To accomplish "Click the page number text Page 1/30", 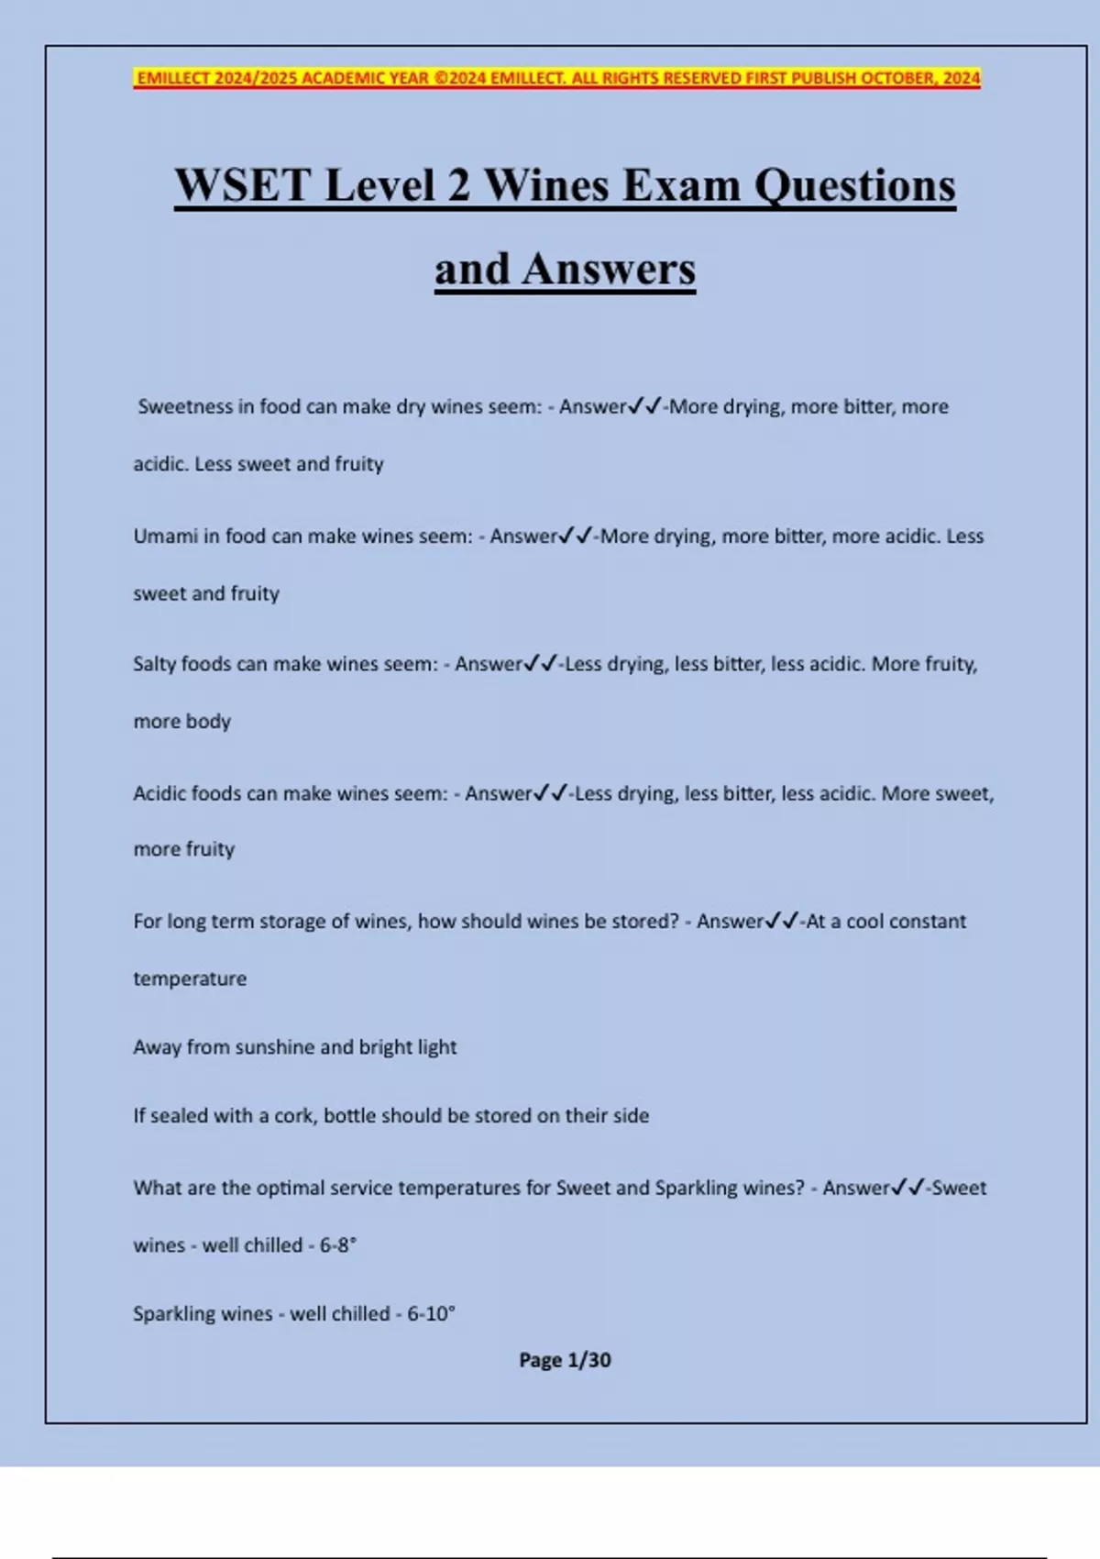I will [565, 1360].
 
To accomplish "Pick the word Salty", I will [154, 664].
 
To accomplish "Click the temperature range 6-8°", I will [337, 1245].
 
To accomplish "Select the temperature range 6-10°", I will [431, 1314].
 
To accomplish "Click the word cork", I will [293, 1116].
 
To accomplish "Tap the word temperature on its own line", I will [190, 979].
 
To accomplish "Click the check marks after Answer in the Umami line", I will [576, 536].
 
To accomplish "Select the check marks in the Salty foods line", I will [541, 663].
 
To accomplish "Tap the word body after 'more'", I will [209, 722].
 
